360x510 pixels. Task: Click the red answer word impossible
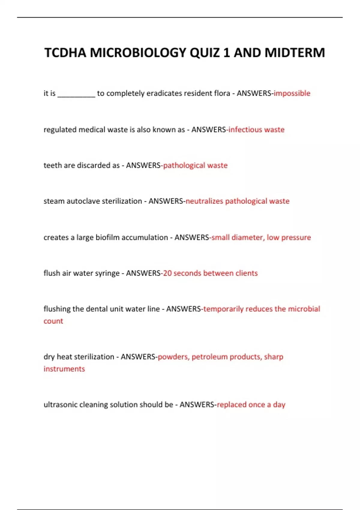tap(292, 93)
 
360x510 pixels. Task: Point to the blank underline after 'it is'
tap(76, 95)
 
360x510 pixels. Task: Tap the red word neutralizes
tap(204, 201)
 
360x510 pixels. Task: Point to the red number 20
tap(167, 273)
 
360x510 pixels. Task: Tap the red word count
tap(53, 321)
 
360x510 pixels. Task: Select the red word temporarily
tap(223, 309)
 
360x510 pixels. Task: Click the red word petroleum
tap(209, 357)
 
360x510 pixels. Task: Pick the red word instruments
tap(64, 369)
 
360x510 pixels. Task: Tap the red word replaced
tap(231, 404)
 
